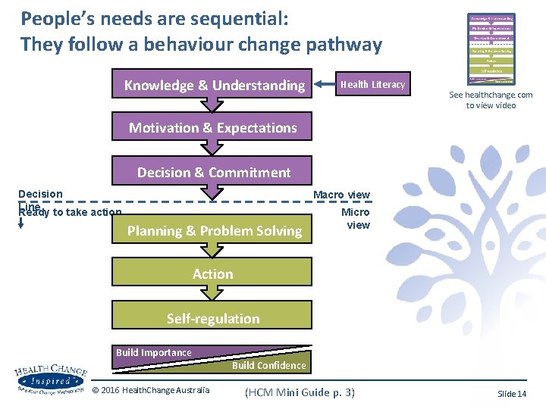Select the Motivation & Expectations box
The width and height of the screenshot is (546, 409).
212,128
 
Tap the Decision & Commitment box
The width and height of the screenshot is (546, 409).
212,172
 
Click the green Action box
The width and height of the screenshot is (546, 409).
212,273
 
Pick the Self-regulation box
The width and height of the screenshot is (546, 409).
212,318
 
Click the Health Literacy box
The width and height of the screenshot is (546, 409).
372,85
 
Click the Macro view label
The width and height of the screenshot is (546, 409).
342,195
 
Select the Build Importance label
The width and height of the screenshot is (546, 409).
153,352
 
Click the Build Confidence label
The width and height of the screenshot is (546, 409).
268,365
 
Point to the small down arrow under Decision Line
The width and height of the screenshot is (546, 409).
21,223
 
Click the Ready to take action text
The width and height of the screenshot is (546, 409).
70,213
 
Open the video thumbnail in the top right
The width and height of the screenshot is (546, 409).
491,48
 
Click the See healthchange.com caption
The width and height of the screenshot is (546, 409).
491,100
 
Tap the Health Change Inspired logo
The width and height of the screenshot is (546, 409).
50,379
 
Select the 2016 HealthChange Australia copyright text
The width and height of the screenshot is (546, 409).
150,391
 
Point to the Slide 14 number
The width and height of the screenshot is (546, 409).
511,394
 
